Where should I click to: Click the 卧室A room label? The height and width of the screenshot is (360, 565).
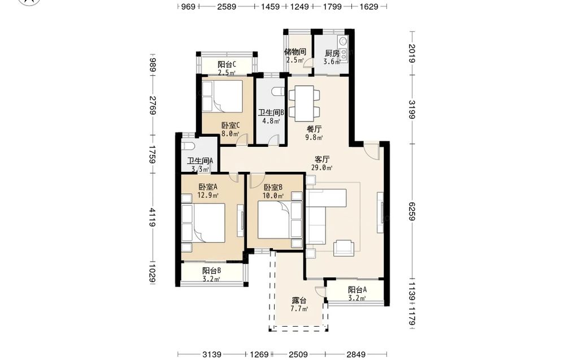click(x=208, y=186)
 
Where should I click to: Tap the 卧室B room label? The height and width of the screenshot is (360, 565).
click(x=273, y=188)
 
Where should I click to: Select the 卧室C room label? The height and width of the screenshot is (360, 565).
click(x=231, y=125)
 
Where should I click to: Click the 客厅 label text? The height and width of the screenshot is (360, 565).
click(x=322, y=159)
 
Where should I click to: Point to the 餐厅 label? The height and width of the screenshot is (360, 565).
click(x=314, y=129)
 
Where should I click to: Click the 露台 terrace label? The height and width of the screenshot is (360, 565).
click(x=299, y=300)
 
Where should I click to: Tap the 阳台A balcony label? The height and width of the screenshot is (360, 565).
click(x=358, y=290)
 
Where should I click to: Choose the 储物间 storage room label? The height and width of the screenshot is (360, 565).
click(x=295, y=51)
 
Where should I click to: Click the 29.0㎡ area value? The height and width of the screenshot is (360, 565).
click(x=322, y=168)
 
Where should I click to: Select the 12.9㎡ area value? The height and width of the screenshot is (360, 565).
click(x=208, y=196)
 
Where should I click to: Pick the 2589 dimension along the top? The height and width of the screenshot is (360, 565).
click(x=227, y=6)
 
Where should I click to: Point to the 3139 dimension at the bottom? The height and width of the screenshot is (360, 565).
click(x=212, y=354)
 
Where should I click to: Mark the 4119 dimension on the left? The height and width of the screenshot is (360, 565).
click(x=153, y=217)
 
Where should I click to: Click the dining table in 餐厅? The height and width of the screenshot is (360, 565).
click(x=304, y=104)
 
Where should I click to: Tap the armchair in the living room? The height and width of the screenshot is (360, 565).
click(x=344, y=248)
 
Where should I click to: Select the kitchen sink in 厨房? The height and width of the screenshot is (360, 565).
click(x=343, y=40)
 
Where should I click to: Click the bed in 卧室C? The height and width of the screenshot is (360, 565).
click(x=222, y=96)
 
